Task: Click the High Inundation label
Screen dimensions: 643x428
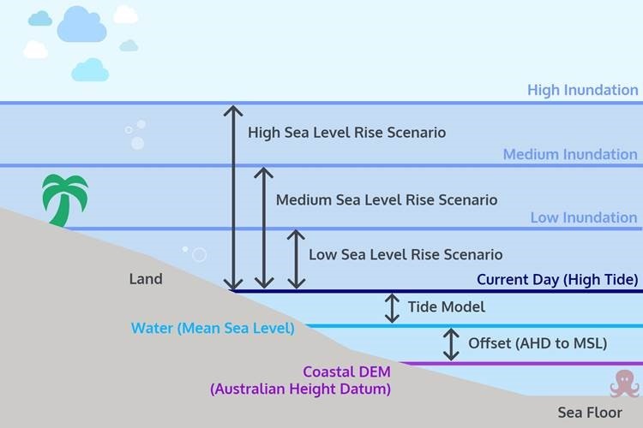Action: (x=582, y=90)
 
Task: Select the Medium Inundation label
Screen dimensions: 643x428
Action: (x=570, y=155)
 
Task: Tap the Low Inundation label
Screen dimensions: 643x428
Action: (x=583, y=217)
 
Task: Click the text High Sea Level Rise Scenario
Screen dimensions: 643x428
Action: (x=346, y=134)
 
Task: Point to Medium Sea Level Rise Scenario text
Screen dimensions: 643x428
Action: (x=386, y=200)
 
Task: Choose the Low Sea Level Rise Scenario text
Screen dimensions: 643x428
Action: (x=406, y=255)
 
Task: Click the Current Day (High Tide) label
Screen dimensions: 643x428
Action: (x=557, y=280)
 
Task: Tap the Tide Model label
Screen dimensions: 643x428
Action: (x=446, y=307)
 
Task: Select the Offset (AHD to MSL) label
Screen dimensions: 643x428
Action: (x=537, y=343)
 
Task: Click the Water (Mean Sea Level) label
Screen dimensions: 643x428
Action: (x=212, y=328)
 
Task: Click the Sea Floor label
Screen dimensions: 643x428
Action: (x=589, y=412)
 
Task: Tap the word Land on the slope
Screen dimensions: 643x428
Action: (x=145, y=279)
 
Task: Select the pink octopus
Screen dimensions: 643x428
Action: (x=625, y=383)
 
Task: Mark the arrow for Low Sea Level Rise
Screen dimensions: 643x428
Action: (x=296, y=259)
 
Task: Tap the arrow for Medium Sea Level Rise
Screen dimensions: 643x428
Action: (x=264, y=228)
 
